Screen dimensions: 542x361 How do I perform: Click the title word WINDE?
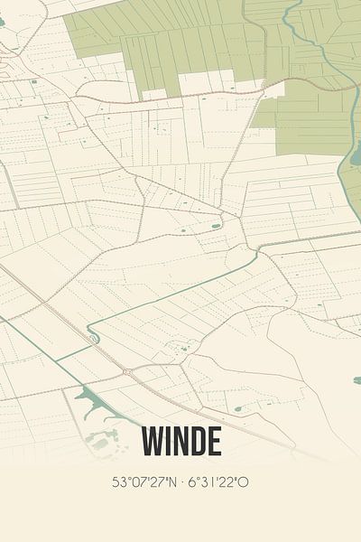click(180, 442)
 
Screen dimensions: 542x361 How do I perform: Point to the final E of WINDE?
click(213, 442)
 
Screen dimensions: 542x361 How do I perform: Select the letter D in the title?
click(197, 442)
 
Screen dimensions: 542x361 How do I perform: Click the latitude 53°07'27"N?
click(143, 482)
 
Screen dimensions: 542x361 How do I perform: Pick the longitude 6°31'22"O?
click(218, 482)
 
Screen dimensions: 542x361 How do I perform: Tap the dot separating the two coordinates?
click(180, 482)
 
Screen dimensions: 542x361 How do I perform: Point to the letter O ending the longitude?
click(244, 482)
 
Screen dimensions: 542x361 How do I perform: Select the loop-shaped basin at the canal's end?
click(93, 337)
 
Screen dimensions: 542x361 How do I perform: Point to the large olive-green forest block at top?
click(180, 41)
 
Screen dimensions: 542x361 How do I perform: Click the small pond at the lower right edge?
click(356, 380)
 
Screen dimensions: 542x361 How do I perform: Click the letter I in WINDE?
click(167, 442)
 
